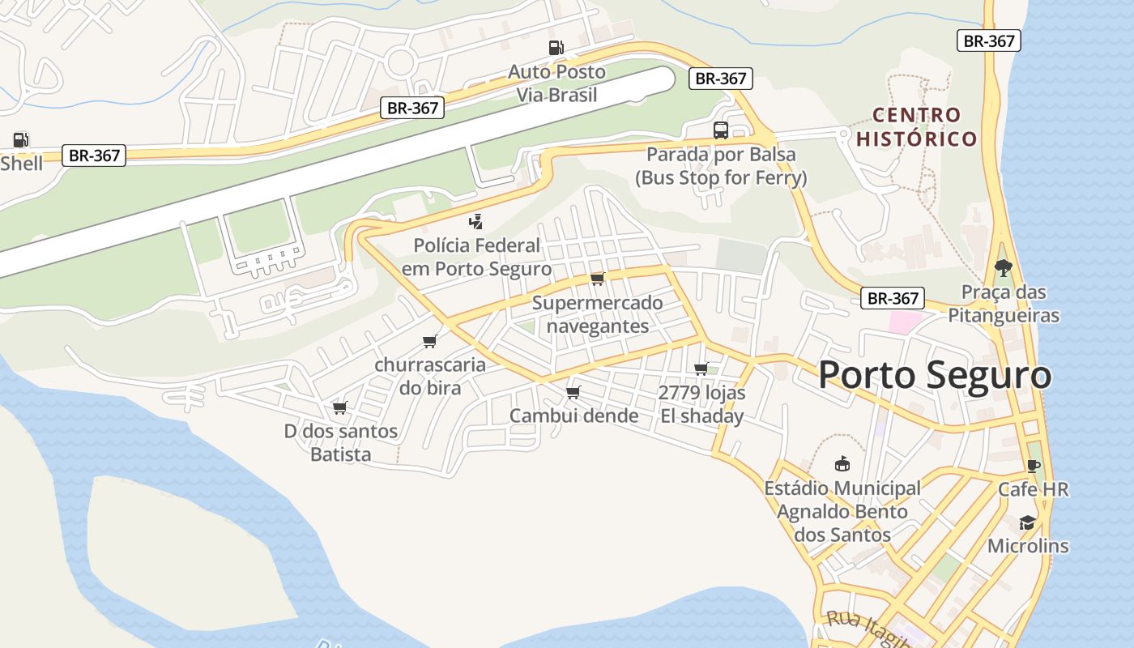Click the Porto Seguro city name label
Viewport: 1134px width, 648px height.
pos(935,375)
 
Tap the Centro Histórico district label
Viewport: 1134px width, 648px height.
pos(917,127)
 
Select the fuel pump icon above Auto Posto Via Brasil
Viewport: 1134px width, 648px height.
pos(556,48)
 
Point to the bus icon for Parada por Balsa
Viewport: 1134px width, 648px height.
pos(720,130)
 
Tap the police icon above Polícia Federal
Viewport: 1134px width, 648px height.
pos(476,221)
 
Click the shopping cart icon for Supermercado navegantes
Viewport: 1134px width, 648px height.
pos(597,279)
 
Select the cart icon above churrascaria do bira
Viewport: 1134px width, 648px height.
pos(429,341)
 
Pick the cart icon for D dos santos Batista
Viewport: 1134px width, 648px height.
pos(339,407)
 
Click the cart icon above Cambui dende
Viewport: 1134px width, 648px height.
pos(573,392)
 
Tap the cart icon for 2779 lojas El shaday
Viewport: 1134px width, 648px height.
pos(701,369)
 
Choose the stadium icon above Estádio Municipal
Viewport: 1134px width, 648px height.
pos(842,464)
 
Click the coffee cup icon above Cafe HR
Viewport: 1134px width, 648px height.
pos(1033,465)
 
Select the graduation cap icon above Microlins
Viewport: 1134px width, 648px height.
pos(1027,522)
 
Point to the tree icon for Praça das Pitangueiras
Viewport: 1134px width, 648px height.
pos(1004,267)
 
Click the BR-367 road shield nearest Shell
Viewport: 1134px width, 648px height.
pos(95,156)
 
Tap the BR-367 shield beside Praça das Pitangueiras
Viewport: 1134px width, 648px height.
pos(893,298)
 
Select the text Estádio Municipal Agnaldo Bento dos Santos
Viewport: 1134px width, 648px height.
pos(842,511)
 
